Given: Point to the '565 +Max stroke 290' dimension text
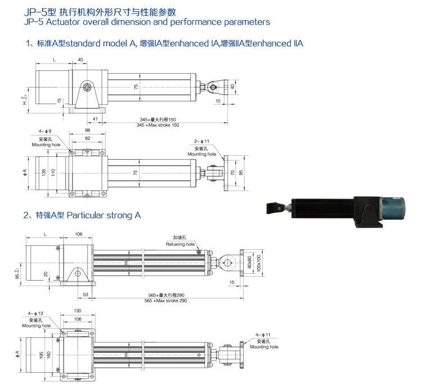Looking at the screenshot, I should tap(167, 301).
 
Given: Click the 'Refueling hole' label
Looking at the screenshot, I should tap(180, 245).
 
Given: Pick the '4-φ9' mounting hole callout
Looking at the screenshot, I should tap(47, 132).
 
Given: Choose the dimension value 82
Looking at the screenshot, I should tap(86, 138).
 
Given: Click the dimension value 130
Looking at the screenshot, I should tap(77, 311).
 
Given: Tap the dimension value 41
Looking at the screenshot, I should tap(95, 119).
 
